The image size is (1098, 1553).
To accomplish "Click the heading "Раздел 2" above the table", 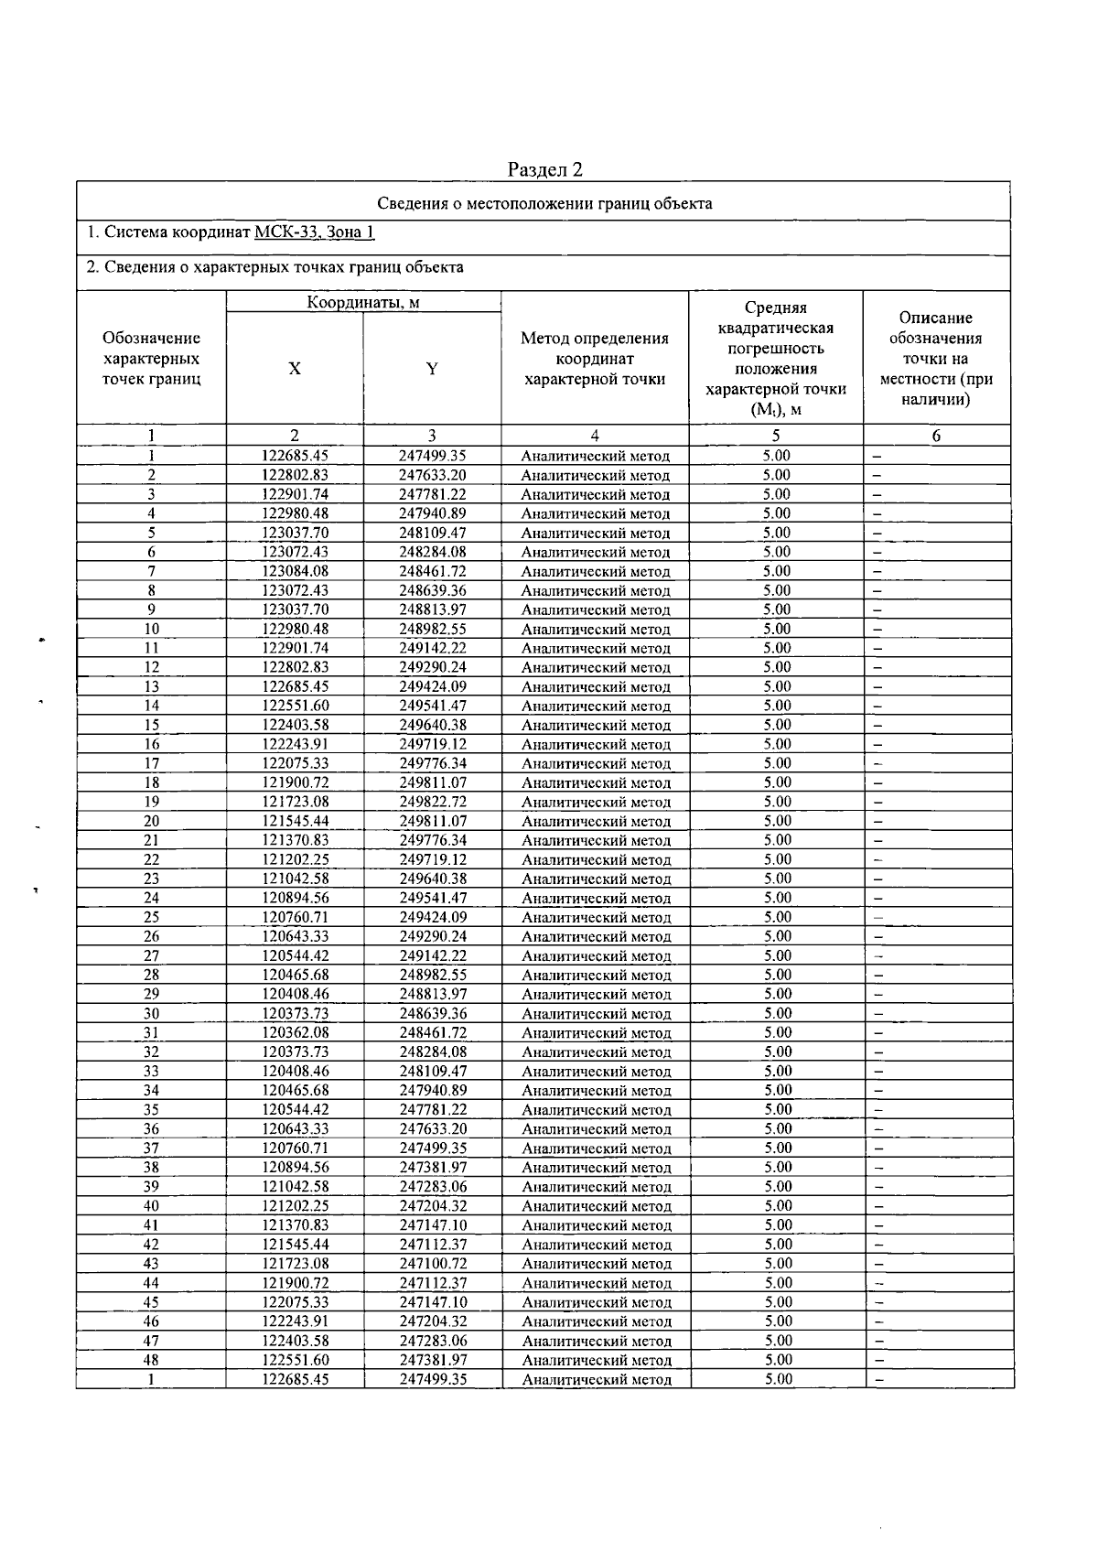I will tap(545, 169).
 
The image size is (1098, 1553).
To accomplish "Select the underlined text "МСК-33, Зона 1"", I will tap(314, 232).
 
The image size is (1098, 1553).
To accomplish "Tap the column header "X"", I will tap(295, 369).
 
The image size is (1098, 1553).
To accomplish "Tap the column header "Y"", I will tap(432, 369).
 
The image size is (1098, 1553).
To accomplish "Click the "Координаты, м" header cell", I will tap(363, 302).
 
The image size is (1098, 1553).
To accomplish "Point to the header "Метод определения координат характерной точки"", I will tap(595, 359).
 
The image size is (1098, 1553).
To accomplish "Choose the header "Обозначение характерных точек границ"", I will tap(151, 359).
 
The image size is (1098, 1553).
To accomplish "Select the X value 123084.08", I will tap(295, 571).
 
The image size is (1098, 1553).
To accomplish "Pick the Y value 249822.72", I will tap(433, 802).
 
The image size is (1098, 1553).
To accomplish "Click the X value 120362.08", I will tap(295, 1032).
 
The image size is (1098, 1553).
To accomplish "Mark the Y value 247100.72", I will tap(433, 1263).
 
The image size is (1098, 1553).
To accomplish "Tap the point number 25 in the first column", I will tap(152, 917).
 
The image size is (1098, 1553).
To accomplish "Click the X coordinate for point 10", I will tap(295, 629).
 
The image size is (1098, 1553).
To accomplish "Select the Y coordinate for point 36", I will tap(433, 1128).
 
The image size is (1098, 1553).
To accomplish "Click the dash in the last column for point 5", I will tap(877, 534).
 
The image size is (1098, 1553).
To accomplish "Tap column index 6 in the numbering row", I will tap(936, 437).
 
